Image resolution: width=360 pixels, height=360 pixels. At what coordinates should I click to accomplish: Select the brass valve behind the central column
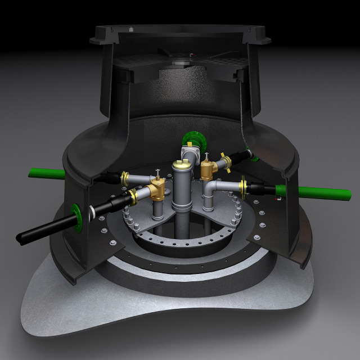tap(209, 169)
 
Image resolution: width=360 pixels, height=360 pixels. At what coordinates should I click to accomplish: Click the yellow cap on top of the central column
tap(181, 164)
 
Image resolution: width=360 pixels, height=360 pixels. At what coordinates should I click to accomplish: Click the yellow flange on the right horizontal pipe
tap(244, 186)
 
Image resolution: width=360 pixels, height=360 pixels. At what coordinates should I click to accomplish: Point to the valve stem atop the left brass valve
tap(160, 174)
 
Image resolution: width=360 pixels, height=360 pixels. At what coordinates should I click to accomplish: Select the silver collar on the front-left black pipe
tap(91, 212)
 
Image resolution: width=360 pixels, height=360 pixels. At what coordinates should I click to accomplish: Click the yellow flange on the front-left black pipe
tap(134, 196)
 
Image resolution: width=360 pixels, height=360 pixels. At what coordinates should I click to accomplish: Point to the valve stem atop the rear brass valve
tap(208, 157)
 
